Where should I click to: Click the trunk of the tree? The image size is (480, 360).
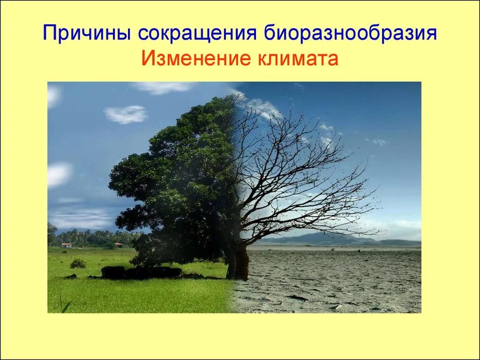point(240,262)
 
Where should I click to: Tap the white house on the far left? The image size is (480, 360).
point(66,245)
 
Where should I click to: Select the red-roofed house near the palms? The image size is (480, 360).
point(119,244)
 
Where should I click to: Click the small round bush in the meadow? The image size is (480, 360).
point(78,263)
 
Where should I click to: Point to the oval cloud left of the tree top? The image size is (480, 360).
point(125,114)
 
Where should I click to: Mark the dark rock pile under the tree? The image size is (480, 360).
point(141,272)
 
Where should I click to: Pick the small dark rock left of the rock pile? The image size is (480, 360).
point(71,277)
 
